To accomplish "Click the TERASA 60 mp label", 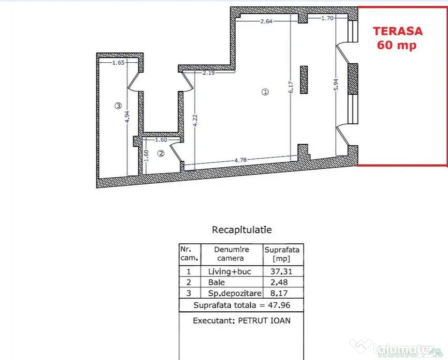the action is [x=397, y=38].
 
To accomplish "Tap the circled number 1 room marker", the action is [x=265, y=92].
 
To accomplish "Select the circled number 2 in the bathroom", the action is [x=161, y=153].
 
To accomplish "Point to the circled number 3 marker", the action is [x=118, y=106].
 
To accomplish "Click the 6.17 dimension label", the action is [x=291, y=87].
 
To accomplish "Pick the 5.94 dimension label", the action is [x=336, y=84].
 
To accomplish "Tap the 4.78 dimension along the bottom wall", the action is [x=240, y=160].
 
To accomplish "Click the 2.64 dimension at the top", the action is [x=266, y=21].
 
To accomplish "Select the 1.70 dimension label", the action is [x=328, y=18].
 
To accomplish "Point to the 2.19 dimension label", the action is [x=209, y=73].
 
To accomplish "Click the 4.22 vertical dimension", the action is [x=195, y=120].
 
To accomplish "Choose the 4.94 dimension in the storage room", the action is [x=128, y=117].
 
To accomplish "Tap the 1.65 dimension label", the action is [x=118, y=62].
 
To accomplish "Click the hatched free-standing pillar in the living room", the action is [x=304, y=80].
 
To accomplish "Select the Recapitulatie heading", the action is [x=242, y=230].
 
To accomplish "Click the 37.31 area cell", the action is [x=282, y=271].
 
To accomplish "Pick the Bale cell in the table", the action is [x=217, y=282].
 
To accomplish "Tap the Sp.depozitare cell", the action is [x=235, y=293].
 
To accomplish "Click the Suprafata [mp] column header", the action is [x=282, y=254].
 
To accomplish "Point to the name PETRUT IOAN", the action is [x=264, y=321].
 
